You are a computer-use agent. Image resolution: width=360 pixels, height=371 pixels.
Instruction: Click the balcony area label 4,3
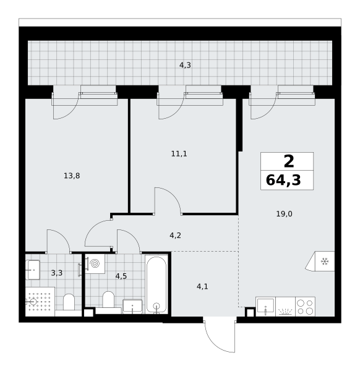coord(185,65)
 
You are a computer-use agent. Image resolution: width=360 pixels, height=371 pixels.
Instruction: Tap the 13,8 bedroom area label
coord(72,176)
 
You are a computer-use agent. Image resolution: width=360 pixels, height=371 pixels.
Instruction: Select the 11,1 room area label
coord(179,154)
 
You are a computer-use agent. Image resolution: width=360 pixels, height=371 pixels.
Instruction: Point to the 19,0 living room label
coord(284,214)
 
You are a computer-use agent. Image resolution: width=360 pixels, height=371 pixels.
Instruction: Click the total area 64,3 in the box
coord(283,180)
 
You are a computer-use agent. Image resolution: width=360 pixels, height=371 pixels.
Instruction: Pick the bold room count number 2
coord(289,161)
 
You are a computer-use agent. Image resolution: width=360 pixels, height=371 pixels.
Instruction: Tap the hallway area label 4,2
coord(176,236)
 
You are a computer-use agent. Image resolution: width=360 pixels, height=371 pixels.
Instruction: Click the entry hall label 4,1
coord(202,287)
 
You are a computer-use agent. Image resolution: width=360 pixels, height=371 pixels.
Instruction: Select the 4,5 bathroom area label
coord(121,276)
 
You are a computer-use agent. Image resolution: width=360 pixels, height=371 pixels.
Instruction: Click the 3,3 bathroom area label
coord(57,273)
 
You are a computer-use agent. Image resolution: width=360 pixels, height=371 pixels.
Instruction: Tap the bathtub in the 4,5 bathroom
coord(156,284)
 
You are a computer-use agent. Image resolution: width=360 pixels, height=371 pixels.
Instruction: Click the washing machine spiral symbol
coord(95,263)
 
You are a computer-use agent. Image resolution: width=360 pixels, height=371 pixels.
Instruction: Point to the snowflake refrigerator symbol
coord(325,262)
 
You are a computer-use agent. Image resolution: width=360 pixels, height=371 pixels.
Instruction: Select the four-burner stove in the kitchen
coord(305,307)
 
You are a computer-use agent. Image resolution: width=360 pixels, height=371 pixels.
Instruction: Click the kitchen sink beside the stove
coord(265,307)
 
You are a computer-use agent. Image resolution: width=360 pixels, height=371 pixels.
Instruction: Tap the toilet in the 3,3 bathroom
coord(69,302)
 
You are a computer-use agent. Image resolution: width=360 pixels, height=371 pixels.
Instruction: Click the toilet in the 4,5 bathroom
coord(108,299)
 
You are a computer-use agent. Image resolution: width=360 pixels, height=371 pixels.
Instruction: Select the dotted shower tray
coord(40,302)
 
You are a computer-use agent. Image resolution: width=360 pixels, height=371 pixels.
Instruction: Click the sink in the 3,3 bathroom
coord(33,270)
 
